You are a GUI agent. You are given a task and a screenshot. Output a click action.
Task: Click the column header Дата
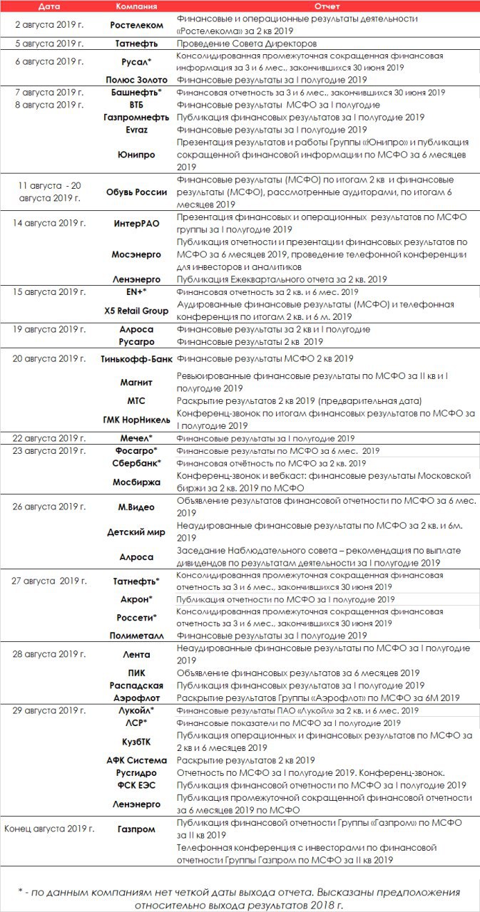48,6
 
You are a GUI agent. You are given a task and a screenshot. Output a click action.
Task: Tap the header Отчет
326,6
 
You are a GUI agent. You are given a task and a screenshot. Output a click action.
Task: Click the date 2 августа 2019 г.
48,25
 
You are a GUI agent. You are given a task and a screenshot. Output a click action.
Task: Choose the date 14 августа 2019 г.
48,223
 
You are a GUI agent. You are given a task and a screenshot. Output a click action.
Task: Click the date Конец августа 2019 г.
48,829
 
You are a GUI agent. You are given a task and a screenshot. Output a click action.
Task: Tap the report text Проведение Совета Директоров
246,43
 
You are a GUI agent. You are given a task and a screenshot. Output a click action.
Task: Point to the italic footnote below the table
240,898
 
